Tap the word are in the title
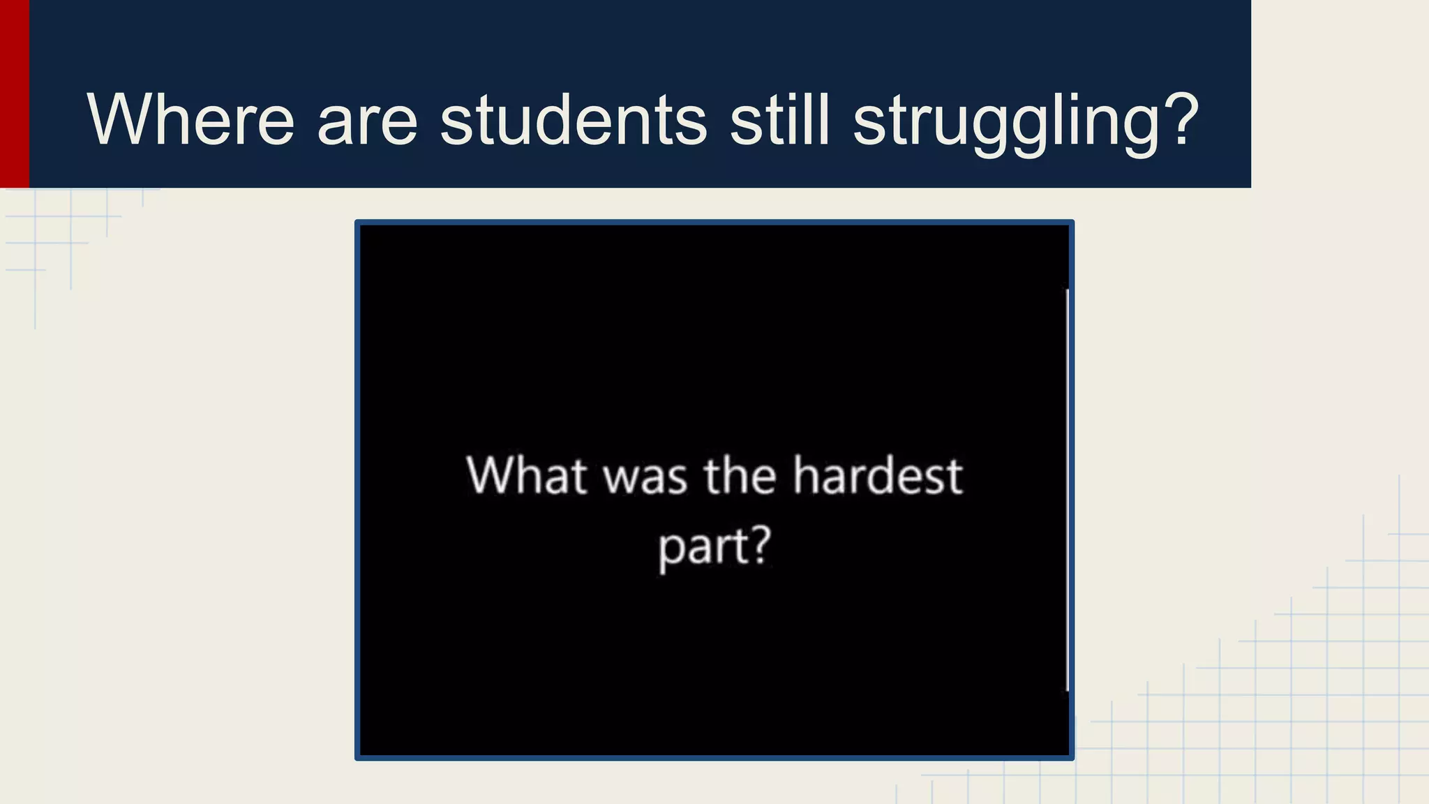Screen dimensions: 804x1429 [x=367, y=120]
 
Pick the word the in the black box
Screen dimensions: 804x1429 [x=740, y=475]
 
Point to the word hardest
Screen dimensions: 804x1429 [x=878, y=475]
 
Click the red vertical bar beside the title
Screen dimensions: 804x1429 [x=14, y=94]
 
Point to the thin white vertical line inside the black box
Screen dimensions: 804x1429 [x=1068, y=489]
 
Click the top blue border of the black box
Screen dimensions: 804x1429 [x=714, y=223]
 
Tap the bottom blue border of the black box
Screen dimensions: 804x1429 [x=714, y=758]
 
